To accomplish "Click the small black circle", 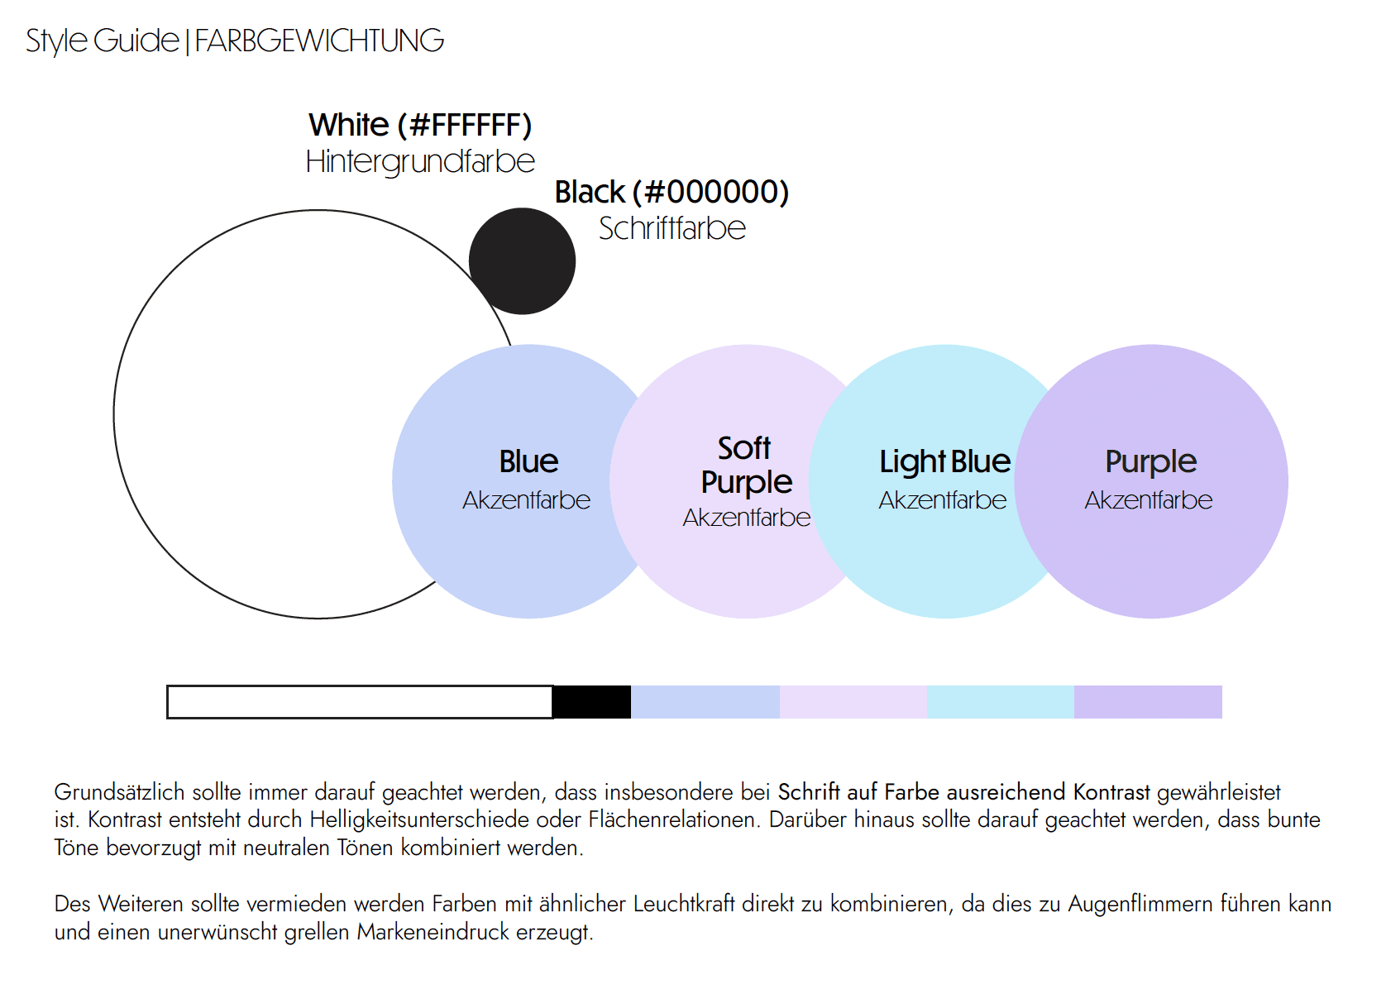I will click(x=522, y=261).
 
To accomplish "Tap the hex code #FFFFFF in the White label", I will click(x=465, y=126).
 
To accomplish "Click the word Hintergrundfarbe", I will click(x=420, y=161).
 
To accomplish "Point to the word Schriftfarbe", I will click(x=672, y=228).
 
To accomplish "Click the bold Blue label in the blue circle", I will click(x=528, y=461).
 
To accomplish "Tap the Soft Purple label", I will click(x=746, y=465).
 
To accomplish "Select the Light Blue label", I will click(x=944, y=461).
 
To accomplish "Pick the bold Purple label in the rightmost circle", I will click(x=1150, y=461).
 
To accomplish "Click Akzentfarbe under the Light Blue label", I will click(x=942, y=500).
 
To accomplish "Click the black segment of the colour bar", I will click(x=591, y=702).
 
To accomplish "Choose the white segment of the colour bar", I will click(x=360, y=702).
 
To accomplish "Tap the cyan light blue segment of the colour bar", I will click(x=1001, y=702).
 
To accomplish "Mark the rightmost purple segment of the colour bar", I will click(x=1148, y=702).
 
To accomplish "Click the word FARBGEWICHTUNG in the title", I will click(x=319, y=41).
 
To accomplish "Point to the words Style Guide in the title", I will click(x=102, y=41).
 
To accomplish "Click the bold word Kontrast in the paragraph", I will click(x=1111, y=792).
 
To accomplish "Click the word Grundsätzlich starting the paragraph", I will click(x=119, y=792).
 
